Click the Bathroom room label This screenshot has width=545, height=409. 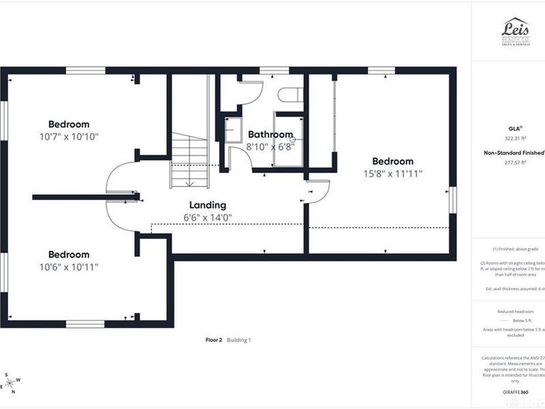coord(270,134)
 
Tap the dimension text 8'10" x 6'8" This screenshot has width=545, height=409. coord(270,147)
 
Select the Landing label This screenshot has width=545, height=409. coord(207,204)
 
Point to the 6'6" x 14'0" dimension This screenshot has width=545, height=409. coord(207,217)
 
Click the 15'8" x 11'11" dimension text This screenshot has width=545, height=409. coord(392,173)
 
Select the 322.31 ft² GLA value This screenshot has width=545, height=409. coord(515,138)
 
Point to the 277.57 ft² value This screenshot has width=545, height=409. coord(515,163)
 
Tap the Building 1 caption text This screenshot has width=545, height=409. coord(239,339)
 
